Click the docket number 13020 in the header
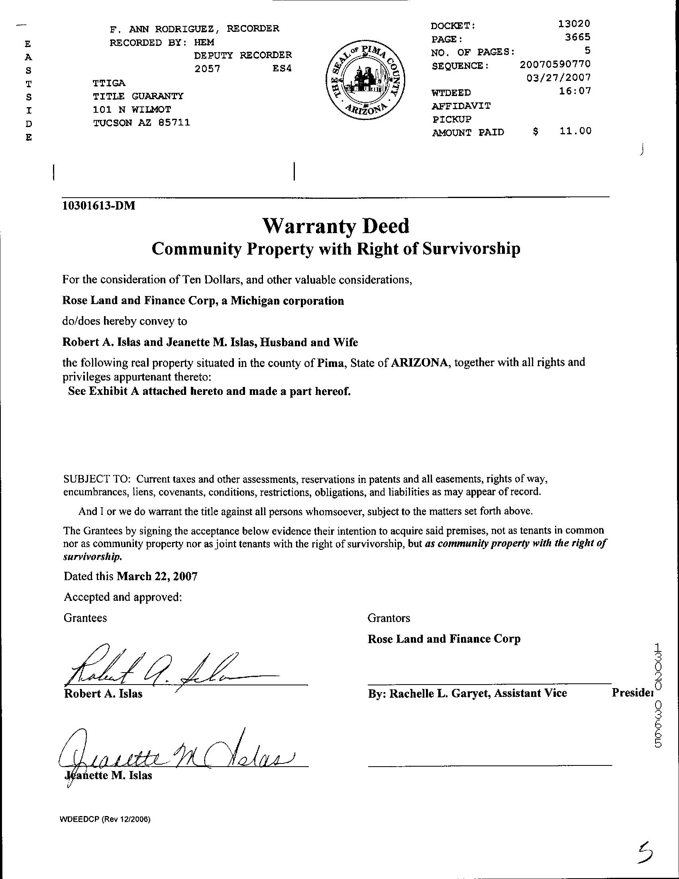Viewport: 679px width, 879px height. point(574,24)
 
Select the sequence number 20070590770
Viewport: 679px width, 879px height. point(555,64)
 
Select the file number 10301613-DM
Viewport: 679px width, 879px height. point(98,206)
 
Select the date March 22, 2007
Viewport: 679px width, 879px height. point(157,576)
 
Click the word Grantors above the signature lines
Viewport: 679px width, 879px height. point(389,618)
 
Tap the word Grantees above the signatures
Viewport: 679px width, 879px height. point(85,618)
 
